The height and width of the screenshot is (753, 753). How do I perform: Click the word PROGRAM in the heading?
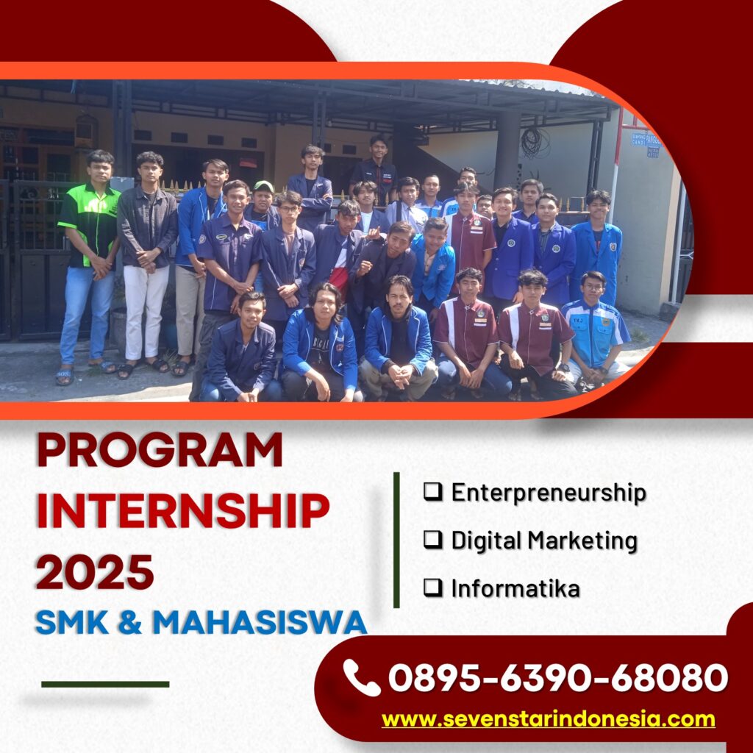pyautogui.click(x=160, y=449)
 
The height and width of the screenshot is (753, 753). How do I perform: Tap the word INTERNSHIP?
pyautogui.click(x=183, y=510)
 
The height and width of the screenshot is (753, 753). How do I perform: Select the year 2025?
pyautogui.click(x=95, y=571)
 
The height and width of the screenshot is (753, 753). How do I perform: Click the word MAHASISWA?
pyautogui.click(x=260, y=622)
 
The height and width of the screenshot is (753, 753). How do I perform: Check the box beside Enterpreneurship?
pyautogui.click(x=432, y=491)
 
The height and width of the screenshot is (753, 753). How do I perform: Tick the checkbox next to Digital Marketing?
pyautogui.click(x=432, y=539)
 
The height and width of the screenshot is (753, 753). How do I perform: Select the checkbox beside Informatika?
pyautogui.click(x=432, y=588)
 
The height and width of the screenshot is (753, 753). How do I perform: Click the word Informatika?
pyautogui.click(x=515, y=588)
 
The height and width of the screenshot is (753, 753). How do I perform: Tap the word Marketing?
pyautogui.click(x=582, y=541)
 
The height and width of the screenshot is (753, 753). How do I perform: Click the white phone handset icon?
pyautogui.click(x=361, y=677)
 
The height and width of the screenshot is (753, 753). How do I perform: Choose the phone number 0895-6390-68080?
pyautogui.click(x=558, y=677)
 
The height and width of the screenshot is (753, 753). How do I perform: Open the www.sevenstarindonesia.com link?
pyautogui.click(x=549, y=719)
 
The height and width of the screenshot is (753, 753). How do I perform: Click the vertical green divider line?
pyautogui.click(x=396, y=540)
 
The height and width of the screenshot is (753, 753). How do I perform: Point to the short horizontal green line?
pyautogui.click(x=105, y=685)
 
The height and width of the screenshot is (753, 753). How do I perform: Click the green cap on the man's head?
pyautogui.click(x=263, y=186)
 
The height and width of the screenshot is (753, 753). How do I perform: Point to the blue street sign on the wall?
pyautogui.click(x=646, y=144)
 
